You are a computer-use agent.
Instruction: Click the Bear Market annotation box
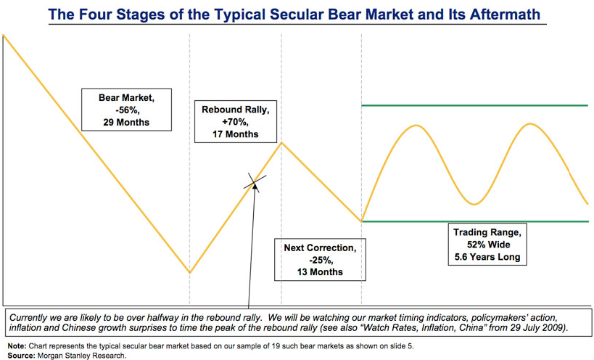tap(125, 109)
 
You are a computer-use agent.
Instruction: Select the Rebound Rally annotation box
tap(236, 122)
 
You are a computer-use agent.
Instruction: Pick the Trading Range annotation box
tap(487, 245)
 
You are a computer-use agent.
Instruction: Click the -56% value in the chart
tap(125, 109)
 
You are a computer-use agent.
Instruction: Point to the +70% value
tap(236, 122)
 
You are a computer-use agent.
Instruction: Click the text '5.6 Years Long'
tap(487, 257)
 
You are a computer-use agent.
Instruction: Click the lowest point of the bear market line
tap(189, 273)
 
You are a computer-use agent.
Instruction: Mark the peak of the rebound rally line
tap(281, 142)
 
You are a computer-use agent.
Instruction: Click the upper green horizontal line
tap(474, 106)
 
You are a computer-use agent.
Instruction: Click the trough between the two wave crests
tap(474, 203)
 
